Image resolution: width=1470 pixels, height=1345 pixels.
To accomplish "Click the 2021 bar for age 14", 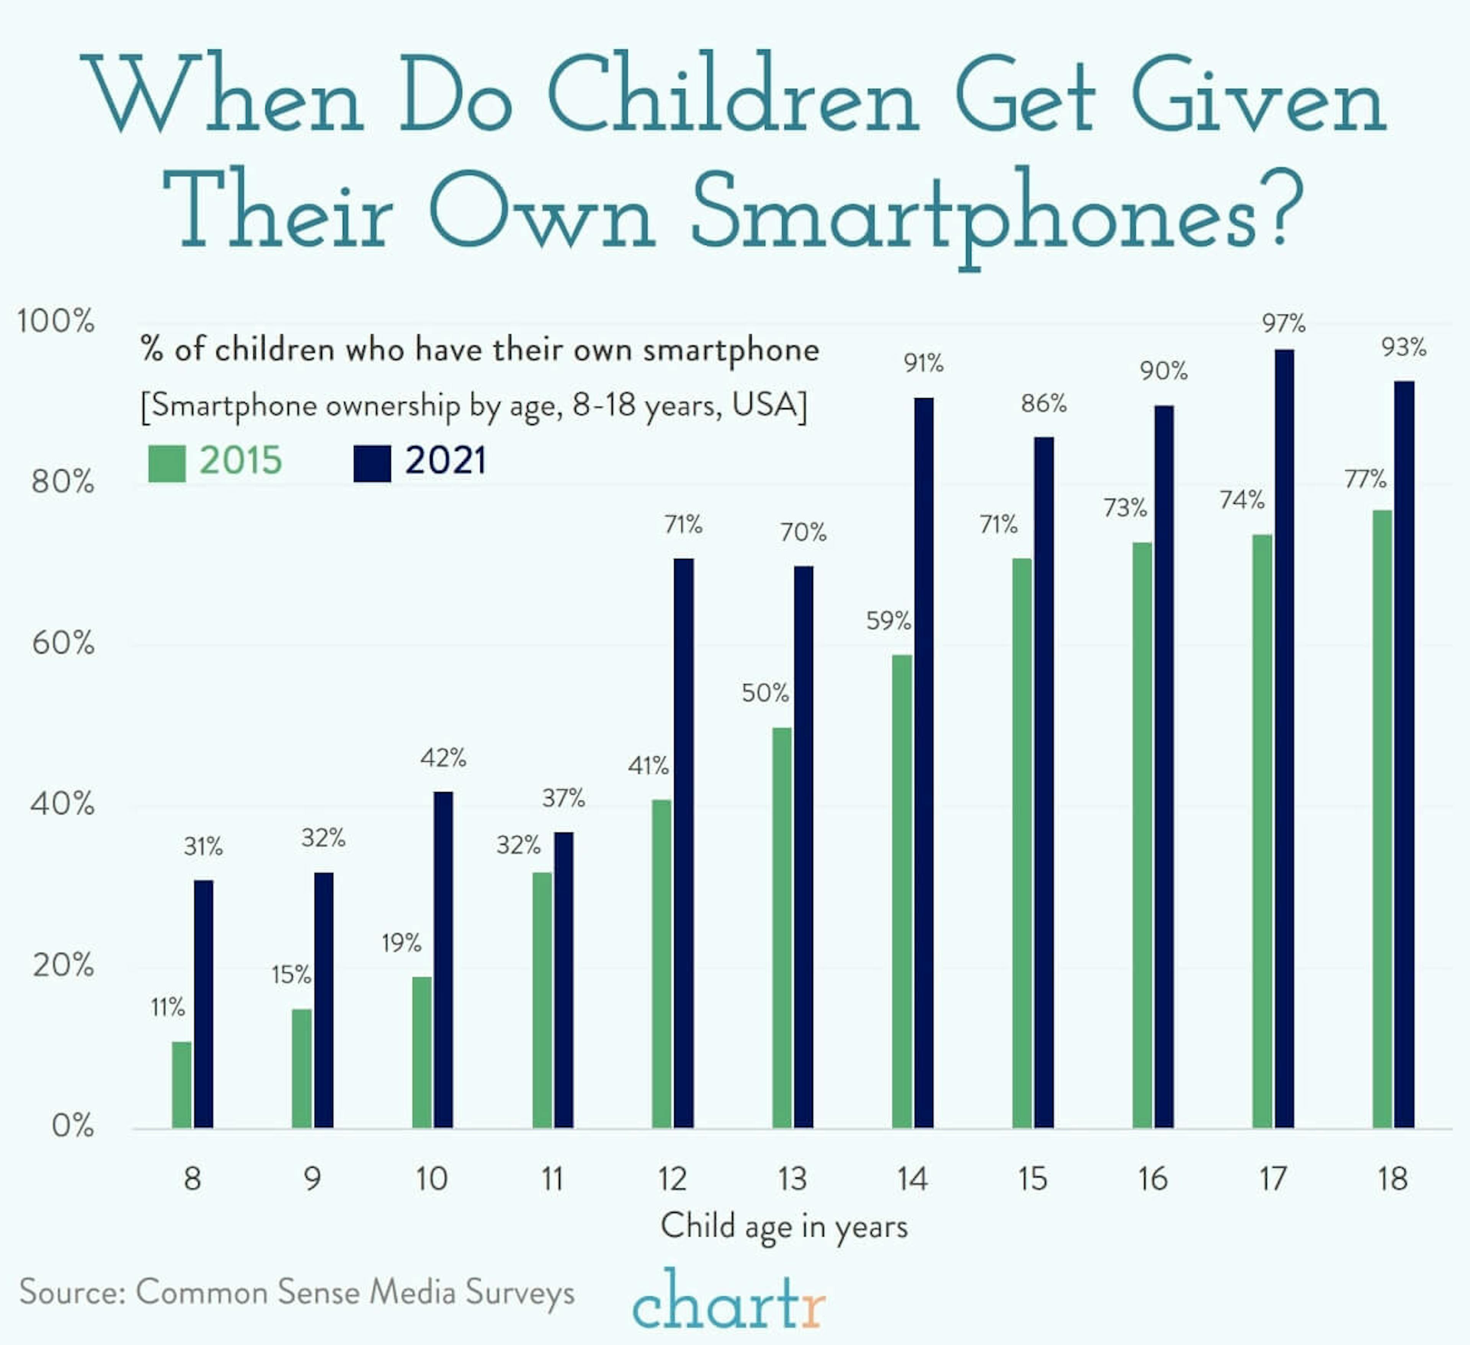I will coord(923,762).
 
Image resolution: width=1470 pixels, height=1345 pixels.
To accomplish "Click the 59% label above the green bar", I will coord(888,621).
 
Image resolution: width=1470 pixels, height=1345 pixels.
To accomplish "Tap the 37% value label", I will coord(563,798).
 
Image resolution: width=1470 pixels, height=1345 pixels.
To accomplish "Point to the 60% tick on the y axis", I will coord(63,643).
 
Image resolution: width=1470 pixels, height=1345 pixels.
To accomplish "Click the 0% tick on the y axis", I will coord(72,1126).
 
